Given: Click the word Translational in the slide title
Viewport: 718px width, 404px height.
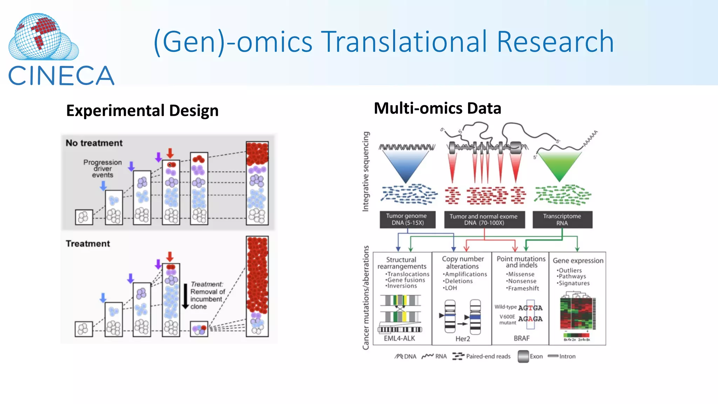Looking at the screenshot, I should tap(405, 42).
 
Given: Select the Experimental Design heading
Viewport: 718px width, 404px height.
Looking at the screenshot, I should tap(142, 111).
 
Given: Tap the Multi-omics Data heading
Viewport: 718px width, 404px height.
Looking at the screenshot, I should tap(437, 108).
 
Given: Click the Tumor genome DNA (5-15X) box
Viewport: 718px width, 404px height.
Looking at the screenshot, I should tap(407, 220).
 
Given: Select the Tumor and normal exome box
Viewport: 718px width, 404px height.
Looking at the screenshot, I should tap(484, 220).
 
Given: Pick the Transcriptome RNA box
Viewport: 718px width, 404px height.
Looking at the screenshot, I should tap(562, 220).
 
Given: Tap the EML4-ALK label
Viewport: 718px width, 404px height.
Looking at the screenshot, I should tap(399, 338).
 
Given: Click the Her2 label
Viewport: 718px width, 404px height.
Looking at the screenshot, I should tap(463, 339).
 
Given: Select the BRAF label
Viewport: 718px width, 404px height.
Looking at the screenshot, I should tap(522, 338).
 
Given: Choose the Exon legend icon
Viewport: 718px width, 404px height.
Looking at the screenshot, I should tap(523, 356).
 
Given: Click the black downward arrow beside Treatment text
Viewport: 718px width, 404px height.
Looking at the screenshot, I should tap(185, 296).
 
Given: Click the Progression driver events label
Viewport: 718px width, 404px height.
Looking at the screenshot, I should tap(102, 169).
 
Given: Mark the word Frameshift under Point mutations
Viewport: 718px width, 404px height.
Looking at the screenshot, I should tap(523, 288).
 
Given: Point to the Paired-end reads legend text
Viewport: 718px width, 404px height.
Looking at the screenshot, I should tap(488, 356).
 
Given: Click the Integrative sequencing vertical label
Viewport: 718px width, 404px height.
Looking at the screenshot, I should tap(366, 171).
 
